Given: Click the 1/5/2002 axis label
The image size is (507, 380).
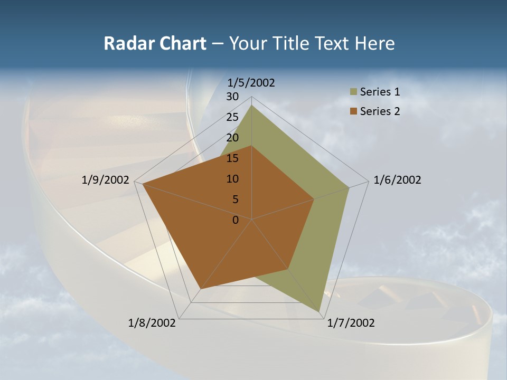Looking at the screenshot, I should [251, 83].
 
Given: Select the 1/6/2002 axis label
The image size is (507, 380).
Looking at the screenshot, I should [397, 180].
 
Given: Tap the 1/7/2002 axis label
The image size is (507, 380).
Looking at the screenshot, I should [351, 323].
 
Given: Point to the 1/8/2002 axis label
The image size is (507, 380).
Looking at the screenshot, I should [152, 323].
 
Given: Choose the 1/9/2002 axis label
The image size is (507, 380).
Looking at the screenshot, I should [106, 180].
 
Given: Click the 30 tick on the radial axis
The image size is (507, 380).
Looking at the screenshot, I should [232, 97].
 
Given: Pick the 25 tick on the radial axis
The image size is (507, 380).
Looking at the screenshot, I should [232, 117].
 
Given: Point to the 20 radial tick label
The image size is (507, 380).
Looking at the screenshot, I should [232, 138].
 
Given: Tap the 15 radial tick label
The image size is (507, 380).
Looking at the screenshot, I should [232, 158].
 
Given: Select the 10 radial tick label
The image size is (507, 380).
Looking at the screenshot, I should [232, 179].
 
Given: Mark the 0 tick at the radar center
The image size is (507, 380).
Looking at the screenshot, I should [236, 220].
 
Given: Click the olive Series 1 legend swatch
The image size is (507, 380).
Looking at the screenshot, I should [353, 92].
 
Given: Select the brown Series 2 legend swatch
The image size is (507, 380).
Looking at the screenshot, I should [353, 111].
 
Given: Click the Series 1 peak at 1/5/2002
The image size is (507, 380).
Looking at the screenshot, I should [251, 106].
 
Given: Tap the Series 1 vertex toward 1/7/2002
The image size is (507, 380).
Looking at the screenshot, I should [320, 311].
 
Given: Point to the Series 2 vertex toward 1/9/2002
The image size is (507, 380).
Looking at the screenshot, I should [143, 184].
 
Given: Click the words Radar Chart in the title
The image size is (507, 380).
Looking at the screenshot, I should [155, 44].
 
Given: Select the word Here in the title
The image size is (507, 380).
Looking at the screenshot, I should [375, 44].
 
